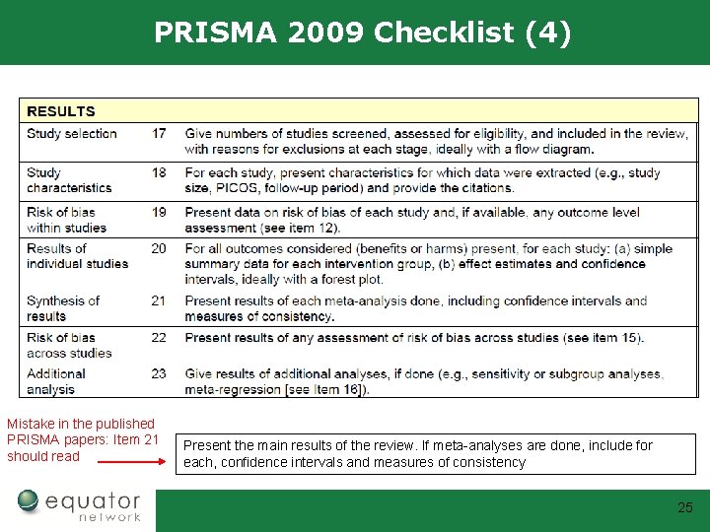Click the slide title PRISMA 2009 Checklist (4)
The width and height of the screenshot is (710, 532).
point(362,33)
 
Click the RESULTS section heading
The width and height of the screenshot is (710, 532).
point(61,111)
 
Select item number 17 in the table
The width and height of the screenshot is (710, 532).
point(159,134)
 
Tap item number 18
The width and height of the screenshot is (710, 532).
point(159,172)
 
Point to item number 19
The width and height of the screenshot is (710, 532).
point(159,212)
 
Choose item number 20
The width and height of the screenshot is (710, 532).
point(159,248)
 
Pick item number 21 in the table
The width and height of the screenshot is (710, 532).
point(159,300)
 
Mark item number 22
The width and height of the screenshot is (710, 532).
point(159,338)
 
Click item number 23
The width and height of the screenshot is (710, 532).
point(159,373)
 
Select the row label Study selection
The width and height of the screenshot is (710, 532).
point(72,134)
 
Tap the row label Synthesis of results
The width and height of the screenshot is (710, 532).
point(63,308)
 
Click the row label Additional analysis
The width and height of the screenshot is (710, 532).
point(56,381)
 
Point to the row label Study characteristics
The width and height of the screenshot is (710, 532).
point(69,180)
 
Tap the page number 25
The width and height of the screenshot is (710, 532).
point(684,508)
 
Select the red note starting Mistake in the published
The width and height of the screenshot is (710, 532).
point(82,439)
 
